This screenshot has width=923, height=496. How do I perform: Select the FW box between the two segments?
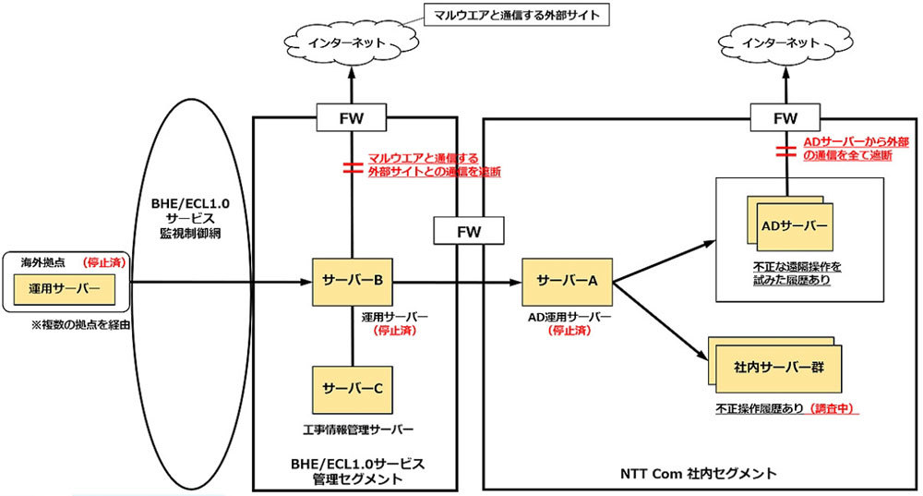(470, 229)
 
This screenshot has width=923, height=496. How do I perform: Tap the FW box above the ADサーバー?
(785, 117)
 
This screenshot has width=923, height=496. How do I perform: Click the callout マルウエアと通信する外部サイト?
(515, 16)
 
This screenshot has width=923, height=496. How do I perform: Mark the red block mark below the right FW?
(785, 151)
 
